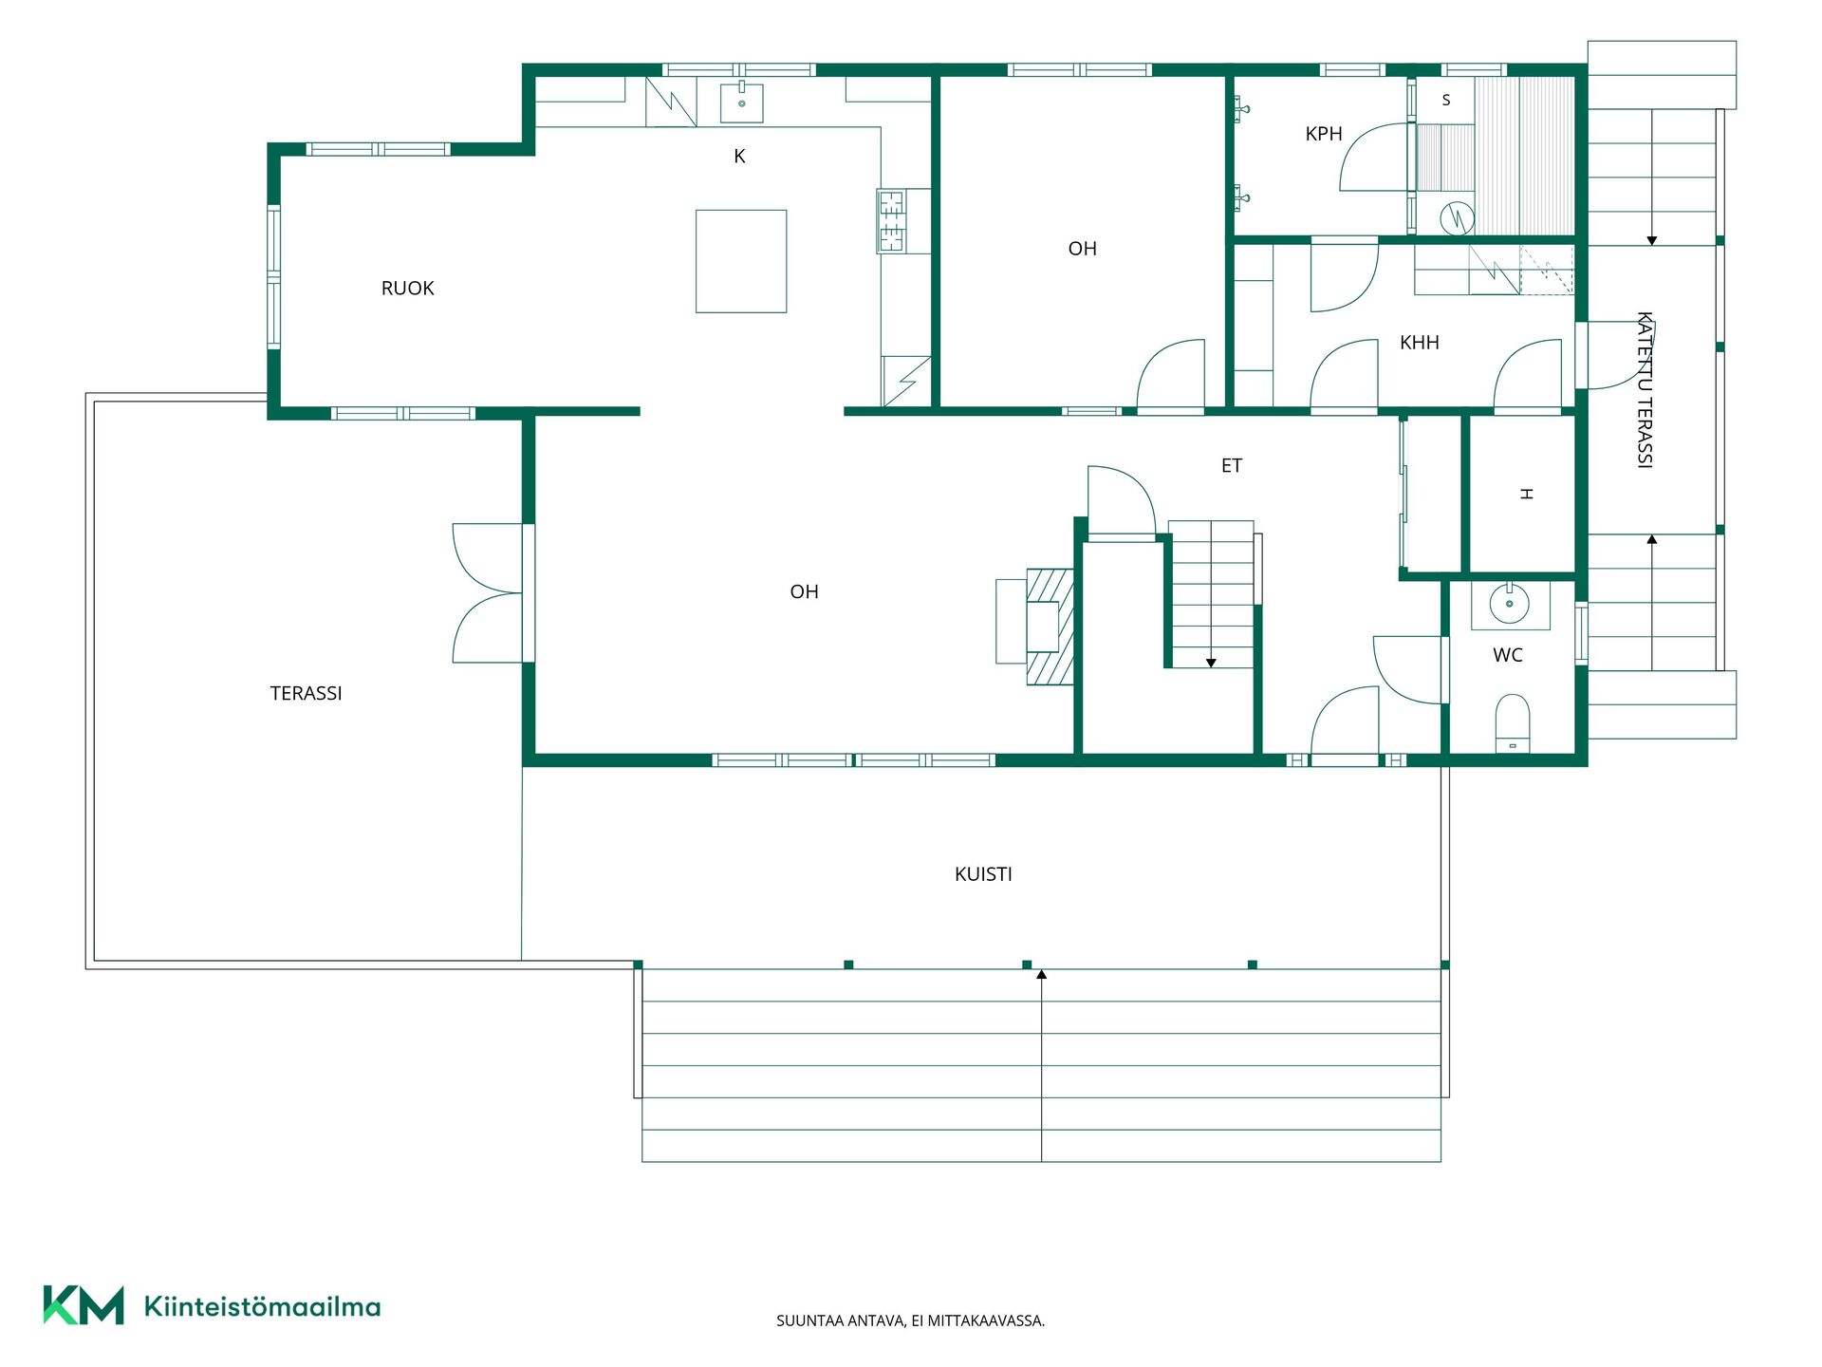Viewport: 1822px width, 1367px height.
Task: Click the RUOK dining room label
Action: [x=407, y=289]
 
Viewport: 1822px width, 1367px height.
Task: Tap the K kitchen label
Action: [x=739, y=157]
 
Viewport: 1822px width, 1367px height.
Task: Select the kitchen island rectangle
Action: [x=741, y=261]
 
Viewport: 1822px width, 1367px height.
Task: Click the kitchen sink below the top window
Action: [x=742, y=103]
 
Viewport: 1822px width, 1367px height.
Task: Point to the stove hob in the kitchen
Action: [x=891, y=221]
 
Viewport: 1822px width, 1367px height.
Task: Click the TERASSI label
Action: [x=306, y=694]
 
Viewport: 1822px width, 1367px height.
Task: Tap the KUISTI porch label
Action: [x=983, y=874]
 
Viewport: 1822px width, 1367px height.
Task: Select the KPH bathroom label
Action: [x=1324, y=134]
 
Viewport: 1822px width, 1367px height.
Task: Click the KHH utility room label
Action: [x=1420, y=343]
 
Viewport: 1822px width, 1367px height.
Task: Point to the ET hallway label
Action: [x=1232, y=466]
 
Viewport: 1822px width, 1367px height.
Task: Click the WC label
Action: [x=1508, y=655]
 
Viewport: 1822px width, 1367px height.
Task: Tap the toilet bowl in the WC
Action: [x=1513, y=723]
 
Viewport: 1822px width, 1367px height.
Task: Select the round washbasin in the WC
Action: [x=1509, y=604]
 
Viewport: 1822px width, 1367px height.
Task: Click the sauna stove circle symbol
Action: [x=1457, y=219]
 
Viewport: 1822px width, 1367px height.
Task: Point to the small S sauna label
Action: [x=1446, y=100]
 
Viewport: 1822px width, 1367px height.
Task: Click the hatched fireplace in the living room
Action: [x=1050, y=627]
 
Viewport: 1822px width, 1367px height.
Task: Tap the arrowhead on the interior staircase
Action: [x=1211, y=664]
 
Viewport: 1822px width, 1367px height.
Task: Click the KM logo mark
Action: [x=84, y=1305]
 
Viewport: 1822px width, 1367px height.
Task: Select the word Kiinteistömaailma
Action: [x=262, y=1306]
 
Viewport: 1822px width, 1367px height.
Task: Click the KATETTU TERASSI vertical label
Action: [x=1645, y=389]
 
